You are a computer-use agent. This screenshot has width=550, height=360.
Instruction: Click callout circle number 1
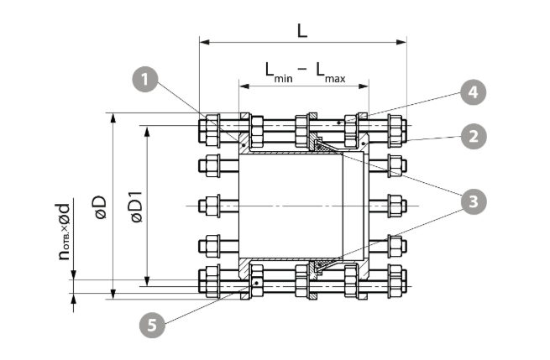point(145,80)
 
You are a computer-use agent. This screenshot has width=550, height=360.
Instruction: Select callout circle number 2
point(474,136)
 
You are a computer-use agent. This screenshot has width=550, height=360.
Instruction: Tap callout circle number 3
point(474,201)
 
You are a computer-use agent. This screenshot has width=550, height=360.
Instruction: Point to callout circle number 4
point(474,92)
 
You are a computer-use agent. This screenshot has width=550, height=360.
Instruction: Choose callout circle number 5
point(152,326)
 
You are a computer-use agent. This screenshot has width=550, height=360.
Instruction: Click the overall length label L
point(302,31)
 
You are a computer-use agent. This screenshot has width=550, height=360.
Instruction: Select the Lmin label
point(279,72)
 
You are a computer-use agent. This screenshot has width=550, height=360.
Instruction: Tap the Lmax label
point(331,72)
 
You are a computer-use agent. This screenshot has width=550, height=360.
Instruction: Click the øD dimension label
point(100,207)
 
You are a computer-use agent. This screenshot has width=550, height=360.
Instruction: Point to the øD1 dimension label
point(136,206)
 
